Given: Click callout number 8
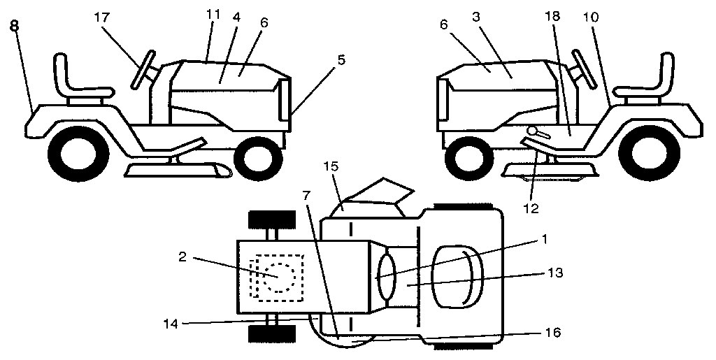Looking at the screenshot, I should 14,26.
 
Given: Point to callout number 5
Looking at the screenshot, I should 341,61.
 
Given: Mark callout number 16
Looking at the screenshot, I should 552,333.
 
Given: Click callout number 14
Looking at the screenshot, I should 171,323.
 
